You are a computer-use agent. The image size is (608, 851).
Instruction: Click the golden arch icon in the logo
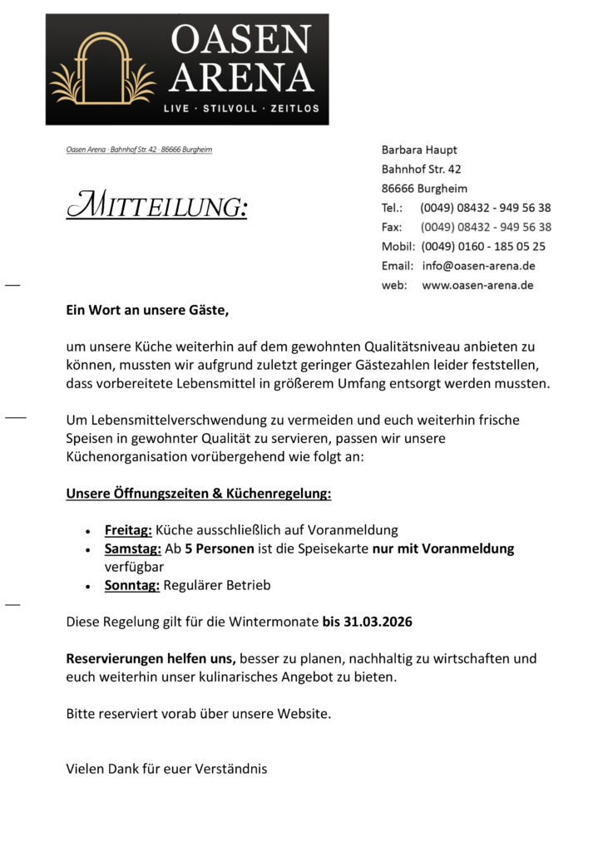click(x=102, y=69)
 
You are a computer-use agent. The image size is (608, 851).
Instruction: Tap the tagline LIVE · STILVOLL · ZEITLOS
click(x=240, y=109)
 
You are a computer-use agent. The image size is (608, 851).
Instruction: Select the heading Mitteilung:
click(x=156, y=205)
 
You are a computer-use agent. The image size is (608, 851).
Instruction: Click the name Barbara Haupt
click(x=419, y=150)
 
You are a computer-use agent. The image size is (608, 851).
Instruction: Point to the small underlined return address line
click(x=139, y=150)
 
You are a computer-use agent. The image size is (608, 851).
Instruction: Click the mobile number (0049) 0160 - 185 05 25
click(x=483, y=246)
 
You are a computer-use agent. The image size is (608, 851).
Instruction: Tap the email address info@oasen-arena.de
click(x=478, y=266)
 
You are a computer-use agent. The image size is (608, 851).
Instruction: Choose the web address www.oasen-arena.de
click(x=477, y=285)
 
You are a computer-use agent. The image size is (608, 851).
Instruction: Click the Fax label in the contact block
click(x=391, y=227)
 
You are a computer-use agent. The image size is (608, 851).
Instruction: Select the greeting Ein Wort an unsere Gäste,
click(x=147, y=311)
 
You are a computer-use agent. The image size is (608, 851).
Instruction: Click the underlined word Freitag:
click(x=128, y=529)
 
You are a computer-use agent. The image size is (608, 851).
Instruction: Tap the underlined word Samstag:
click(x=132, y=548)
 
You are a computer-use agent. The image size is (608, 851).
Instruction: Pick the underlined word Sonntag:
click(x=131, y=585)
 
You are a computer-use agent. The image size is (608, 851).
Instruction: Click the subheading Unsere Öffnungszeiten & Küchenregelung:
click(x=199, y=494)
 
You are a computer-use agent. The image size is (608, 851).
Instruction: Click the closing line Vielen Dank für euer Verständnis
click(x=166, y=769)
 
